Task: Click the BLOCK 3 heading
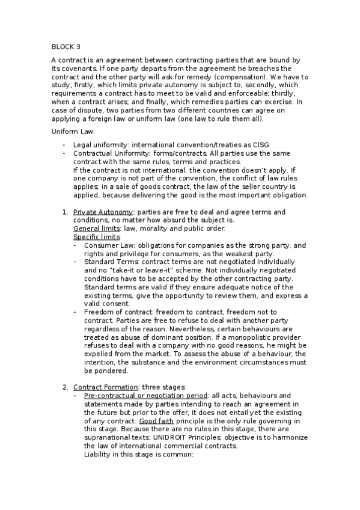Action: [66, 46]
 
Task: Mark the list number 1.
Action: [65, 212]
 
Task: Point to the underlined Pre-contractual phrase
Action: [108, 395]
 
